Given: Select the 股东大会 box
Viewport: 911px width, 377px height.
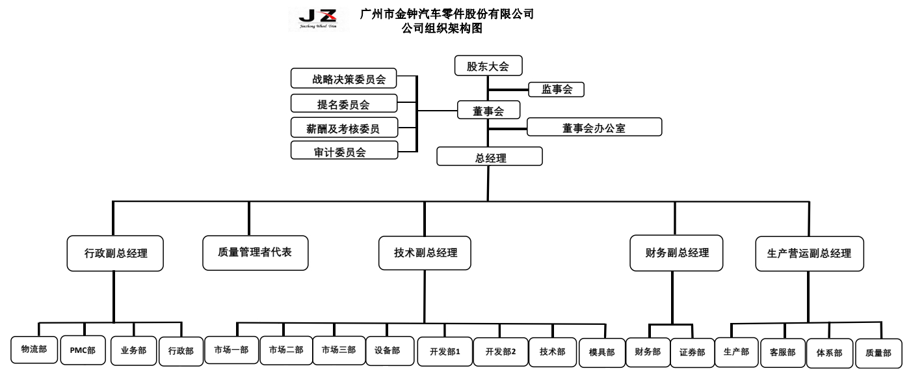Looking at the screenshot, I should click(x=488, y=66).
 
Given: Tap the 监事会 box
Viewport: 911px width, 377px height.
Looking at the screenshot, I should click(x=557, y=90).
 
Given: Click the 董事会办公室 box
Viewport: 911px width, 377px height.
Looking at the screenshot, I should click(x=594, y=127).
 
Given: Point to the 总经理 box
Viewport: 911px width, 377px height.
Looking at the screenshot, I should click(x=488, y=157).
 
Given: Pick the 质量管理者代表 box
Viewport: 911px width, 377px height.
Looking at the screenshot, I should click(x=254, y=251).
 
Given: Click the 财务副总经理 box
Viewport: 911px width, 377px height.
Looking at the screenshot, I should click(x=677, y=252).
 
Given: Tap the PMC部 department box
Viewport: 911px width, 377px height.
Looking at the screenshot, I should click(x=83, y=350).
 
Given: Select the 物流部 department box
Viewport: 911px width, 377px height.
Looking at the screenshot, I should click(x=34, y=350).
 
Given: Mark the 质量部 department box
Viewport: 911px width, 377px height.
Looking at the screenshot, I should click(x=878, y=354).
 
